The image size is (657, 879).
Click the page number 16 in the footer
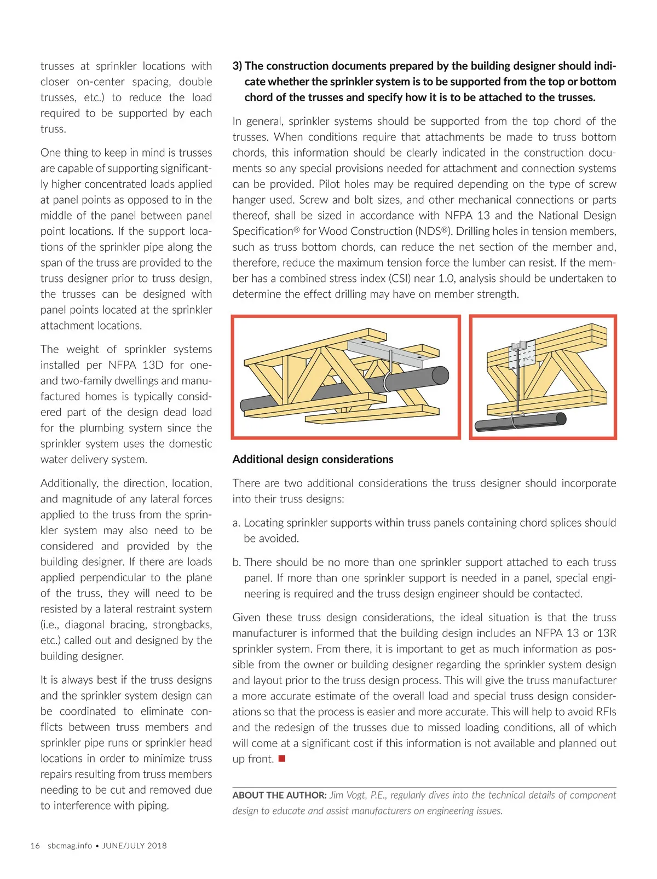click(x=35, y=846)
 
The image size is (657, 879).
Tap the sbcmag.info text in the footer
click(x=70, y=846)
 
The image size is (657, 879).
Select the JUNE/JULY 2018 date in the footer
click(x=134, y=846)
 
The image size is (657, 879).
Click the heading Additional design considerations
click(x=313, y=459)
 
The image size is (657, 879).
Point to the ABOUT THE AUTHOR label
click(x=279, y=795)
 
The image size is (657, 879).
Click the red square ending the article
click(x=282, y=759)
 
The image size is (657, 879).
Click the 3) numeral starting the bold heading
click(x=237, y=66)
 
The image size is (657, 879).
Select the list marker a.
click(x=236, y=523)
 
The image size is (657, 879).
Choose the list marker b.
click(x=237, y=562)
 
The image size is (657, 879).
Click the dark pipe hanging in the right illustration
click(x=520, y=422)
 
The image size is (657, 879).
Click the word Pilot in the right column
click(x=331, y=184)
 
